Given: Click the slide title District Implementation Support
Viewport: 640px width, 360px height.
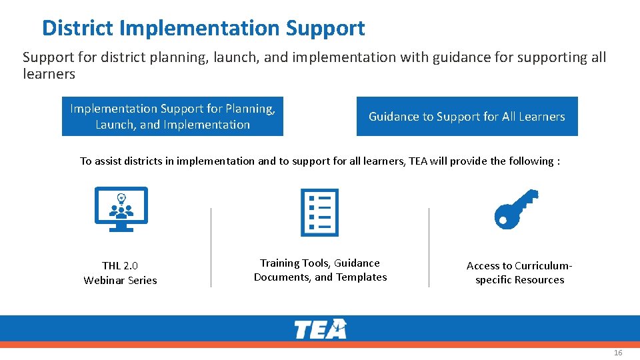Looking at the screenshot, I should (203, 28).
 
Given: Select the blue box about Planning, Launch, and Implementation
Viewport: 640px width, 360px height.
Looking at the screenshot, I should (172, 116).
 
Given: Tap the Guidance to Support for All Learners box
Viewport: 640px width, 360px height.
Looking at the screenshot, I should (467, 116).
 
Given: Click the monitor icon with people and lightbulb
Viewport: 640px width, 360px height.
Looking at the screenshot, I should (121, 209).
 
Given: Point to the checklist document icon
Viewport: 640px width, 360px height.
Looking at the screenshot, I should (319, 212).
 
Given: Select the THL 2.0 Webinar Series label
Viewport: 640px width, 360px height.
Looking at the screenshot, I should (120, 273).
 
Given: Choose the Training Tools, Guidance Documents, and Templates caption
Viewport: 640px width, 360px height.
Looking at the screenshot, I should (320, 270).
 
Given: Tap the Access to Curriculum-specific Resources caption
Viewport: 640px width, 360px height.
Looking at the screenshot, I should (519, 273).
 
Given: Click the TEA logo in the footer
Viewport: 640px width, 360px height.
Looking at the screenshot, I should (320, 329).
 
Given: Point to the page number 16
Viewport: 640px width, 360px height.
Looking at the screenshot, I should (618, 353).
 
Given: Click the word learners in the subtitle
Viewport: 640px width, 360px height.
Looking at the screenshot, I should (49, 74).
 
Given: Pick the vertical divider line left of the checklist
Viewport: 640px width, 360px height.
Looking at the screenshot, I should (211, 247).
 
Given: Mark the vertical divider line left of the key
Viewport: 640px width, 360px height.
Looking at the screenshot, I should (429, 247).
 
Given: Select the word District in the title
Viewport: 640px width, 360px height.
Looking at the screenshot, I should (78, 28).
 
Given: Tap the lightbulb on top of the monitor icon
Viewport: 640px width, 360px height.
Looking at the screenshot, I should (121, 197).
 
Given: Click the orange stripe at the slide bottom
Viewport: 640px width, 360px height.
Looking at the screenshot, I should (320, 345).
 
